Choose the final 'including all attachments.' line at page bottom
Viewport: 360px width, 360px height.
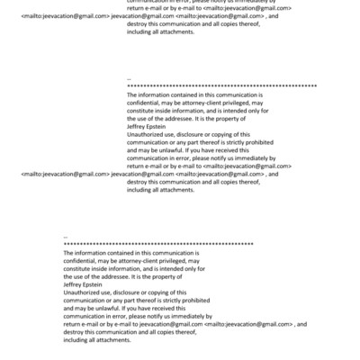99,339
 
